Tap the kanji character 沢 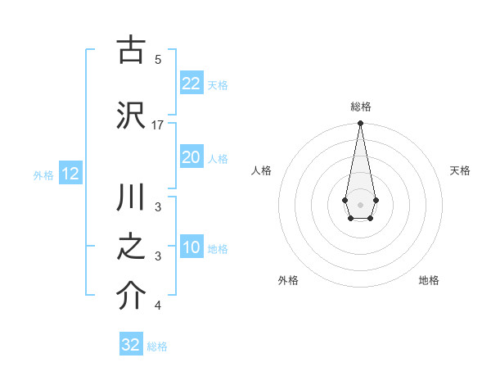point(131,116)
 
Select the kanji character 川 point(131,199)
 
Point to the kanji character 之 point(131,248)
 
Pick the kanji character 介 point(131,297)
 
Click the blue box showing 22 point(191,83)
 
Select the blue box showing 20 point(191,157)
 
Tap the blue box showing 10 point(191,247)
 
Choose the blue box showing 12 point(70,174)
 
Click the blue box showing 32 point(131,345)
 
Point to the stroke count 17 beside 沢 point(158,125)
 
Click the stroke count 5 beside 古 point(157,59)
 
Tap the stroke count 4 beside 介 point(157,306)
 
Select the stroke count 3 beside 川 point(157,207)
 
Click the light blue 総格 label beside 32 point(157,346)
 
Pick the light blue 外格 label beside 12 point(43,174)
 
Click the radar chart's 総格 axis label point(360,106)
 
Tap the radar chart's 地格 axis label point(429,280)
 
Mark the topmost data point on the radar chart point(360,124)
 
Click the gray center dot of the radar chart point(360,203)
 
